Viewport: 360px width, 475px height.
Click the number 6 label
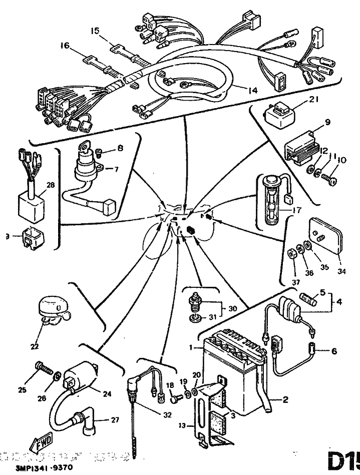(334, 351)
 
